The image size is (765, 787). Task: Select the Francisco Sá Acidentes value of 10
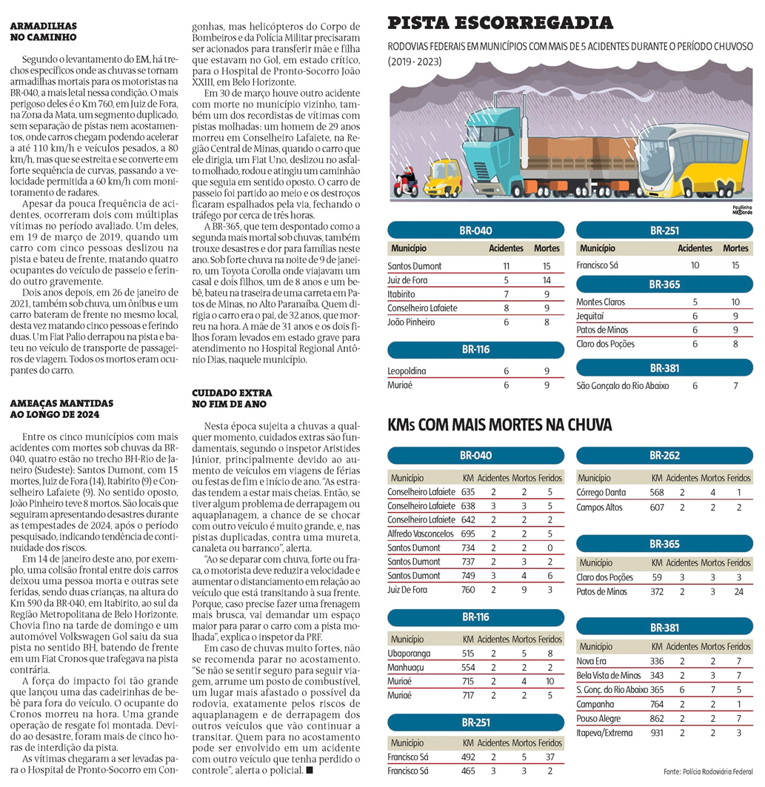695,265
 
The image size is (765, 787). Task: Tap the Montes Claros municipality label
601,302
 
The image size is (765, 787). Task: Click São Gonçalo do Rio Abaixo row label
622,386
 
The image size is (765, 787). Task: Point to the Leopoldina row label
407,371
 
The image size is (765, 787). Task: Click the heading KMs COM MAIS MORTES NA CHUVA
500,426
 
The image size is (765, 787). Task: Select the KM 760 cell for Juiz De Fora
468,590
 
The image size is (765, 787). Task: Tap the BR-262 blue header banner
664,456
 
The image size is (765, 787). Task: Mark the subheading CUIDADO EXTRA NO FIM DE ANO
231,397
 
